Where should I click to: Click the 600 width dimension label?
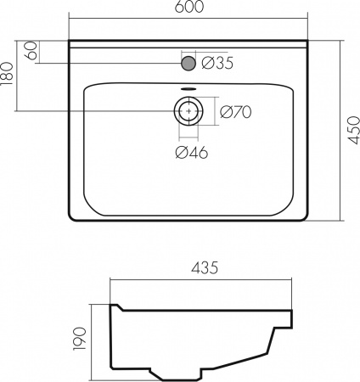(x=189, y=7)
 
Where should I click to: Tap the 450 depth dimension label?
(x=353, y=130)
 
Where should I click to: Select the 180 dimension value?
(x=7, y=74)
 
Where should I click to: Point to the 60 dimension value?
(x=31, y=51)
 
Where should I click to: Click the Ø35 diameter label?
(x=217, y=63)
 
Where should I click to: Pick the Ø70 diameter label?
(x=235, y=112)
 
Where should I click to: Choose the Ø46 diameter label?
(x=192, y=153)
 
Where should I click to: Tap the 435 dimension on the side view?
(x=205, y=267)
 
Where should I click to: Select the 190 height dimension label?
(x=79, y=339)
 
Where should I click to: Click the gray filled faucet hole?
(x=188, y=63)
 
